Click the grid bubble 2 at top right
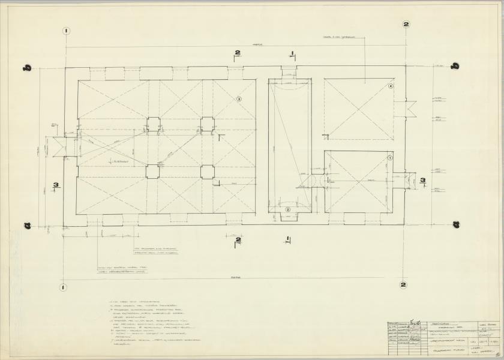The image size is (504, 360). click(406, 25)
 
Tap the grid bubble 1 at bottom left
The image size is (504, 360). click(63, 287)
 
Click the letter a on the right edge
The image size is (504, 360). click(455, 224)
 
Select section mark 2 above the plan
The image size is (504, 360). click(237, 54)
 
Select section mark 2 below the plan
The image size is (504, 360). click(238, 241)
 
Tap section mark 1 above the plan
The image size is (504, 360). click(292, 54)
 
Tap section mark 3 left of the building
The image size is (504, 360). click(55, 186)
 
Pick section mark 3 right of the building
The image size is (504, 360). click(422, 180)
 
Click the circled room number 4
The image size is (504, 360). click(391, 86)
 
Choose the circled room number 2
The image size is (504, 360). click(288, 209)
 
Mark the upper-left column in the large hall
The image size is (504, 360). click(152, 124)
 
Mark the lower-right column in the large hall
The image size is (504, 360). click(207, 172)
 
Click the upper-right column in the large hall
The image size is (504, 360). click(207, 124)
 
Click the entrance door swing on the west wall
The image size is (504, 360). click(59, 146)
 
